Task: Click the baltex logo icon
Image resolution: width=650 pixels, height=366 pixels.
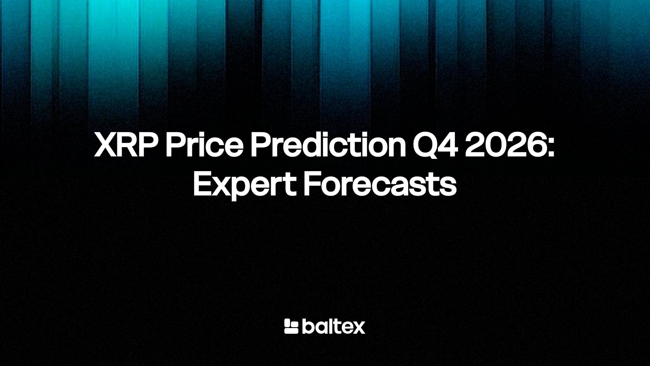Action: click(x=291, y=326)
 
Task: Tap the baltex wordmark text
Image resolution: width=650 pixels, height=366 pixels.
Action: click(x=333, y=326)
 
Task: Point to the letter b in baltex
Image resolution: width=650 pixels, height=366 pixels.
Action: click(x=307, y=326)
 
